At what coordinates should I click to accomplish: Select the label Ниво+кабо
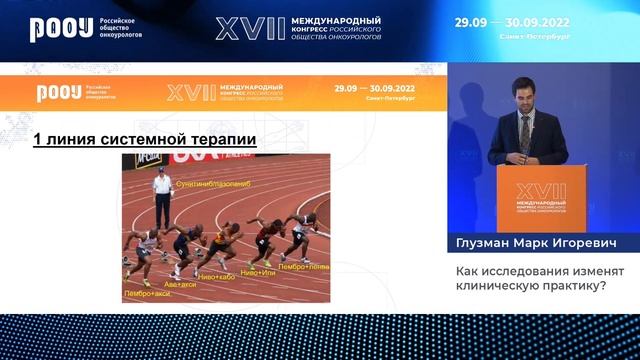218,275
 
